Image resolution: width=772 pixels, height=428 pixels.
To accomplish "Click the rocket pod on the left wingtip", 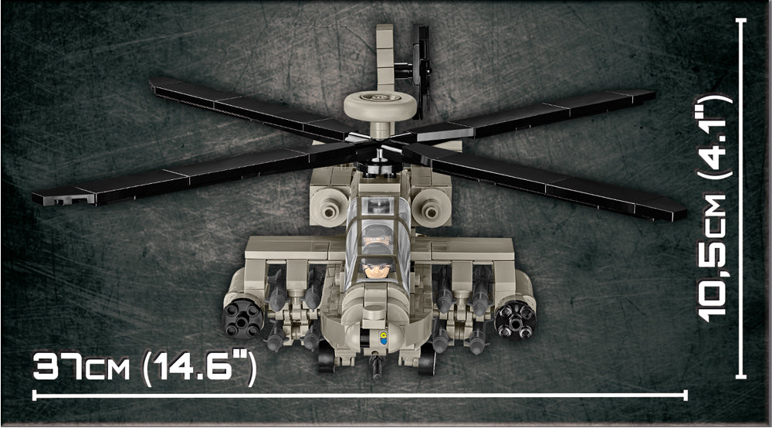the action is (x=242, y=316).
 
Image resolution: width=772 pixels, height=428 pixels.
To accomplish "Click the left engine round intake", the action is (x=329, y=207).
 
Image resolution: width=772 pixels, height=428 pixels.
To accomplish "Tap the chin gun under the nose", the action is (x=377, y=365).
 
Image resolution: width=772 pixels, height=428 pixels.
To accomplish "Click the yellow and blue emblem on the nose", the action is (x=384, y=338).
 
